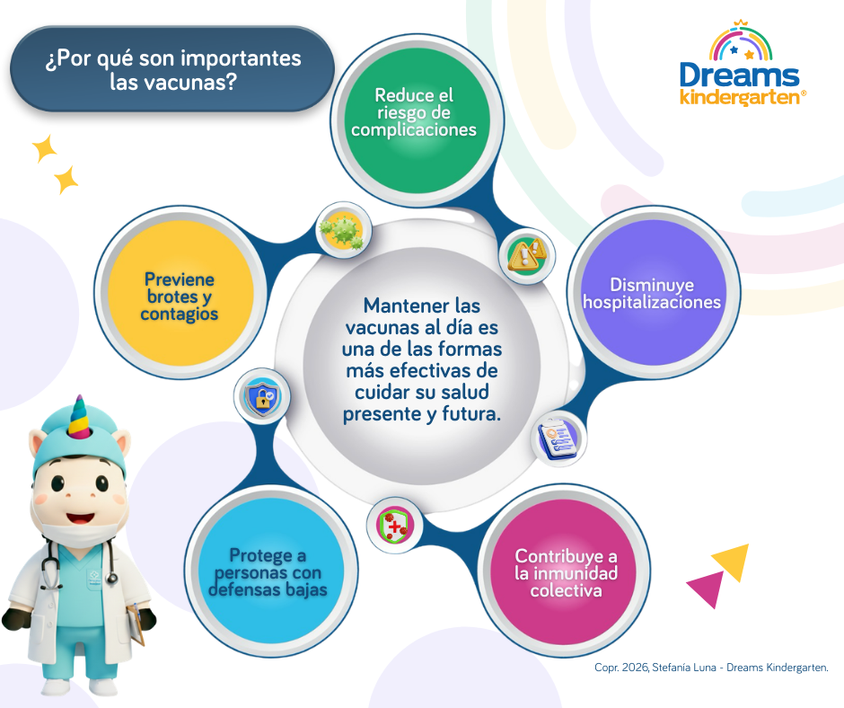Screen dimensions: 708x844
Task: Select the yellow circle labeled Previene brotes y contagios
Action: tap(178, 297)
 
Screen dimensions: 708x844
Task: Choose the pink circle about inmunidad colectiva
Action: tap(566, 572)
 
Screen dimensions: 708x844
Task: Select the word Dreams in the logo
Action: tap(739, 75)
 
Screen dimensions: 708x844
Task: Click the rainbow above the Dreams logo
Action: tap(740, 41)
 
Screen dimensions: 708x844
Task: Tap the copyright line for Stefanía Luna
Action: tap(710, 668)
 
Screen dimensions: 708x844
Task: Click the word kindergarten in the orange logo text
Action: tap(739, 97)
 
